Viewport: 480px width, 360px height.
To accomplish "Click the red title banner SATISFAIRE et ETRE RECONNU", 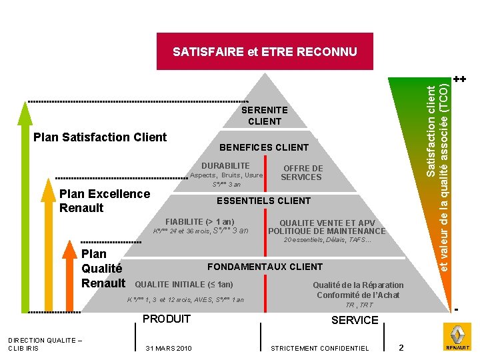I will coord(265,51).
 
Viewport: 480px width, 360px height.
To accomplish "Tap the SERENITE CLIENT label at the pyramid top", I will coord(265,115).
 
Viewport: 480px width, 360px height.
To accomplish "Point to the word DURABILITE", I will coord(225,165).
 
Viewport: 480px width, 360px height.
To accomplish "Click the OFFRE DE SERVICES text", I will coord(302,173).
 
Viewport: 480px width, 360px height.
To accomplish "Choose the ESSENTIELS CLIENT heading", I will coord(264,201).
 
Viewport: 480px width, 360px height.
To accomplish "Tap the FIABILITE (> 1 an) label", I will coord(199,221).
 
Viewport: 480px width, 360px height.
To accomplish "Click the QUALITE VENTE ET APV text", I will coord(327,223).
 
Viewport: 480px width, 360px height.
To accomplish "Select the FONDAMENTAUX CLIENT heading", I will coord(265,267).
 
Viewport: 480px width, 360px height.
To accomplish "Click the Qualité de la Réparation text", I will coord(358,285).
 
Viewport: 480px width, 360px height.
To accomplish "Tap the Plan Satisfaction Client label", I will coord(100,137).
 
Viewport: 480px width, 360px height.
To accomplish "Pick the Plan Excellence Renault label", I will coord(105,201).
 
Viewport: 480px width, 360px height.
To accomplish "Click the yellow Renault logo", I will coord(457,337).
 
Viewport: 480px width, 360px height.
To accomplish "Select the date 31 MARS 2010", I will coord(169,348).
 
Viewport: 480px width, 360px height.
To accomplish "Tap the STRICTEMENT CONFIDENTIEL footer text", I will coord(320,348).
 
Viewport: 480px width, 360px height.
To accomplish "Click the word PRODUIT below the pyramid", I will coord(167,319).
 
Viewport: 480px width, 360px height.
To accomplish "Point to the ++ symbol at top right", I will coord(459,79).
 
